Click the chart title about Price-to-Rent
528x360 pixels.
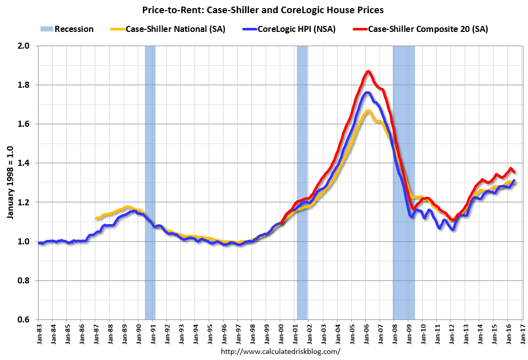tap(263, 9)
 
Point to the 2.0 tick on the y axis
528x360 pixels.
tap(24, 46)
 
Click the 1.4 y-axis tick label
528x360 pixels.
tap(24, 163)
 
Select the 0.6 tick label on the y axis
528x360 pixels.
tap(24, 319)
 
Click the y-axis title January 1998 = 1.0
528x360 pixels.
tap(10, 183)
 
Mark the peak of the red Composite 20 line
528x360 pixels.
tap(368, 71)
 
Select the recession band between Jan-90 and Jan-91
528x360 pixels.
tap(150, 183)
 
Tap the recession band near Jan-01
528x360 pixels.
tap(302, 183)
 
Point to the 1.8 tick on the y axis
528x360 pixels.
tap(24, 85)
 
